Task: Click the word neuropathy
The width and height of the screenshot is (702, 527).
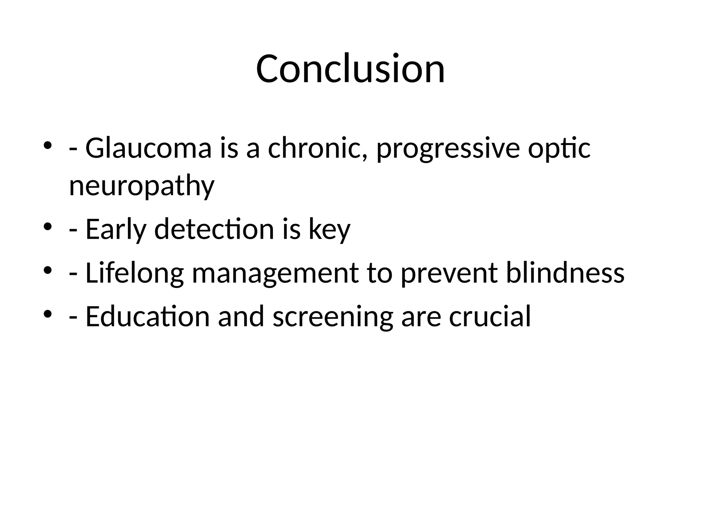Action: click(x=142, y=187)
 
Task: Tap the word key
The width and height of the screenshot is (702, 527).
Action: click(x=329, y=230)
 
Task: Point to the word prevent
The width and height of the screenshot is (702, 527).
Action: click(x=449, y=274)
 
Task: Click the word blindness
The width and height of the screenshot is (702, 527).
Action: click(x=565, y=273)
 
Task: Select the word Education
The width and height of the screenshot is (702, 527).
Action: click(x=147, y=316)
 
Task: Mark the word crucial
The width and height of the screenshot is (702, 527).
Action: click(x=490, y=316)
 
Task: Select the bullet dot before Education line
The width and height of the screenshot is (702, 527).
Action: click(x=48, y=313)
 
